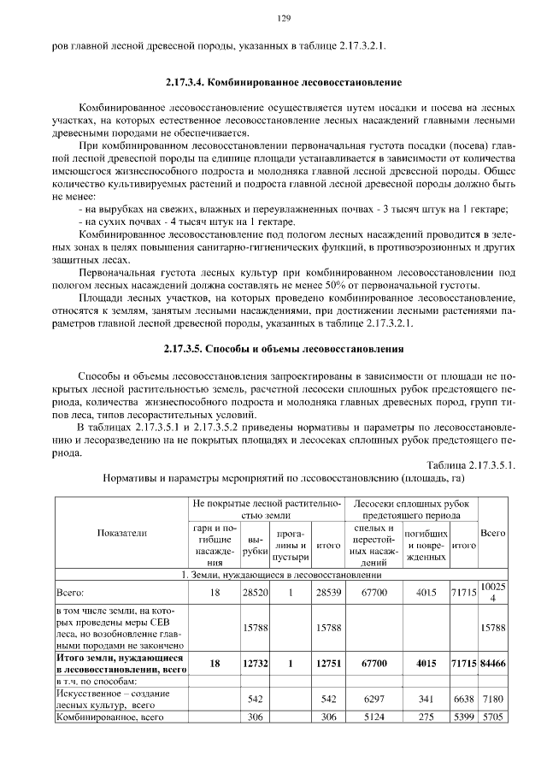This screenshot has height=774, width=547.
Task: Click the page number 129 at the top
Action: (x=285, y=18)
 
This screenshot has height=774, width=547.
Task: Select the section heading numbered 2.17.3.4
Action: (x=283, y=83)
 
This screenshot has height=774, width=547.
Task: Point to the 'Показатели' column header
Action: (x=121, y=532)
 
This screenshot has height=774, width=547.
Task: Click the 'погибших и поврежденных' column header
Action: (x=426, y=545)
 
